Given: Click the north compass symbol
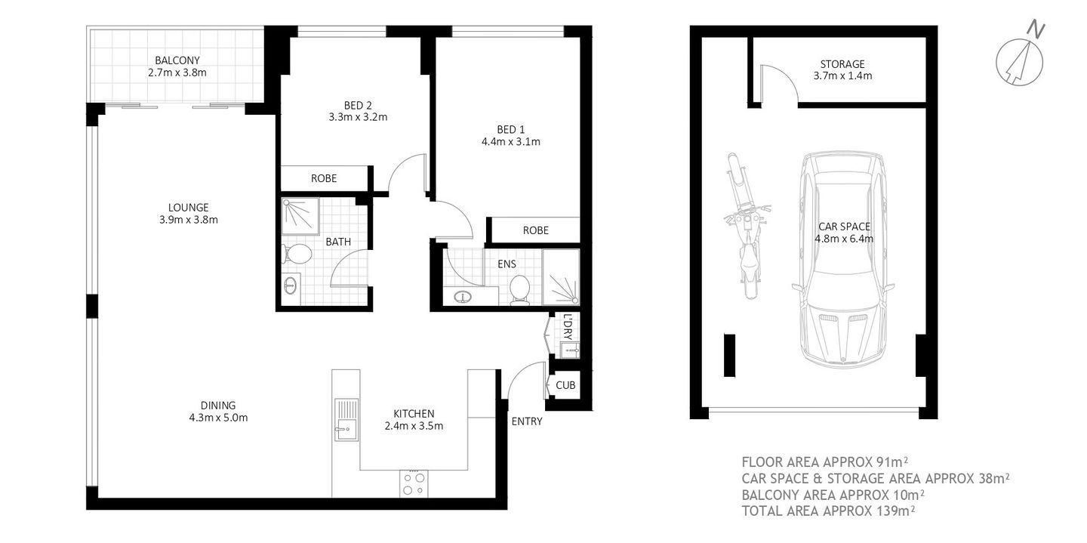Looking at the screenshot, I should tap(1020, 57).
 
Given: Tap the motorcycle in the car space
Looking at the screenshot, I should tap(747, 219).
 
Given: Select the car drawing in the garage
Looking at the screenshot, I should tap(842, 261).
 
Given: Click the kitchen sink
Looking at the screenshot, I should tap(346, 420).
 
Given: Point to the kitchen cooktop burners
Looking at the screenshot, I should tap(414, 483).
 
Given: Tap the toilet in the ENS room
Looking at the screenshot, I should tap(519, 288).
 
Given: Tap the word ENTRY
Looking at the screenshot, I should tap(527, 421).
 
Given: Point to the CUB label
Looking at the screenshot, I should tap(565, 385).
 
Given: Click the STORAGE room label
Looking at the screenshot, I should tap(842, 64).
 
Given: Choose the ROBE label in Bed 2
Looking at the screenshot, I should tap(324, 179).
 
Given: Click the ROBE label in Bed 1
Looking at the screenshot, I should tap(535, 230).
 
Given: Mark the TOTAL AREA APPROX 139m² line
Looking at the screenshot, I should tap(828, 511).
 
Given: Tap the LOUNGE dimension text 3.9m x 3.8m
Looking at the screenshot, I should tap(189, 220).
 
